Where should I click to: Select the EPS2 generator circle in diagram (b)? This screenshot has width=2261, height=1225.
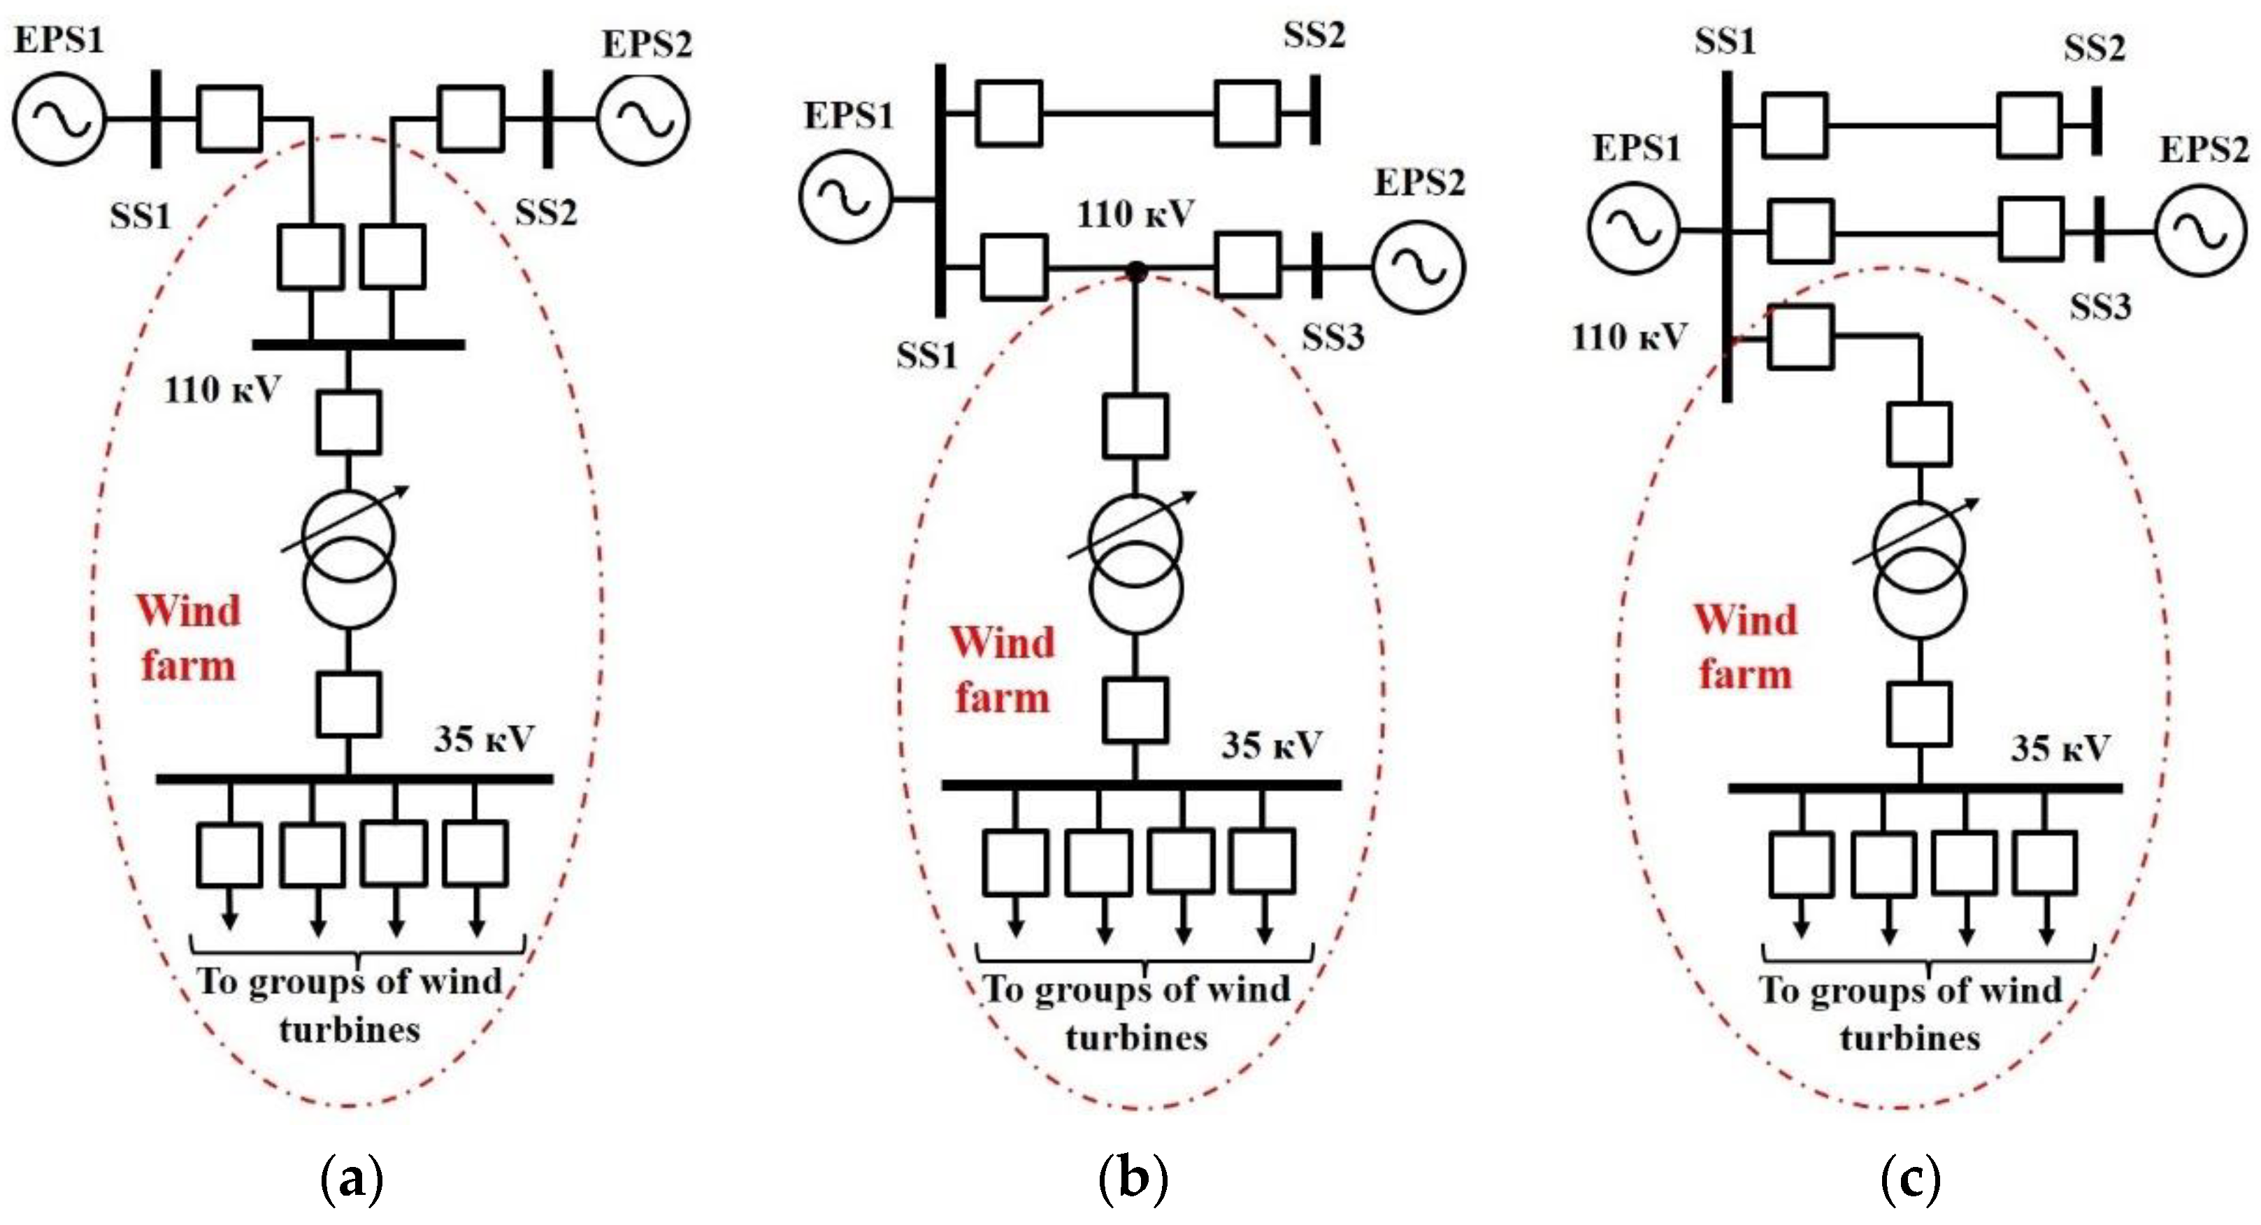1418,268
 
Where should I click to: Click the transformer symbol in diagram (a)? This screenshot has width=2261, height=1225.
348,560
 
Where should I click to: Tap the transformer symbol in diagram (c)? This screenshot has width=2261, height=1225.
1920,571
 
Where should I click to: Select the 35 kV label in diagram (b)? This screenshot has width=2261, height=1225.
1271,745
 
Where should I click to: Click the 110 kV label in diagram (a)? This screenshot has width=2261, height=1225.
222,389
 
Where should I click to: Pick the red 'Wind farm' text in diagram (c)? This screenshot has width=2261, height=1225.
1745,647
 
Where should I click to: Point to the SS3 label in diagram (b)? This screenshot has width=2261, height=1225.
1333,337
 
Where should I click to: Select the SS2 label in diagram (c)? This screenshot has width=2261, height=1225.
2094,48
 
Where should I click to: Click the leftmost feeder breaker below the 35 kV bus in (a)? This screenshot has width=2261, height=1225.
229,854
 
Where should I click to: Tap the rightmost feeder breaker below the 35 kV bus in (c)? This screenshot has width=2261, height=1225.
2045,864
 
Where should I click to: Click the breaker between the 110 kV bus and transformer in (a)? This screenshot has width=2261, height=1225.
348,422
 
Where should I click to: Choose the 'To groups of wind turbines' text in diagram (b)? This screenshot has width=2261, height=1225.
1137,1012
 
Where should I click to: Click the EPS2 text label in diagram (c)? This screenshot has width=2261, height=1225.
2204,149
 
